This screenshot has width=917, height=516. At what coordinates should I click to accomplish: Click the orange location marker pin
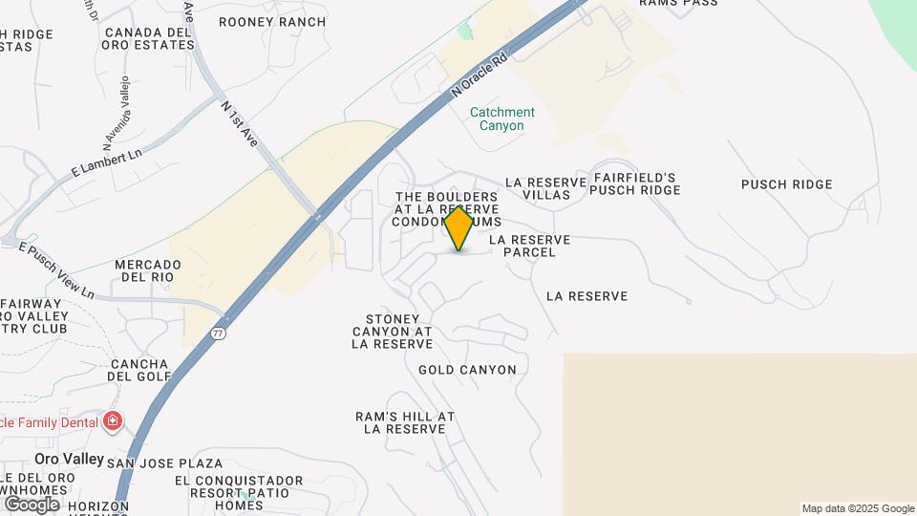[x=458, y=227]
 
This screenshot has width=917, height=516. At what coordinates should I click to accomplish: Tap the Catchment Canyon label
[x=502, y=118]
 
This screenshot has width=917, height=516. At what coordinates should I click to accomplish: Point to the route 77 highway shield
[x=219, y=333]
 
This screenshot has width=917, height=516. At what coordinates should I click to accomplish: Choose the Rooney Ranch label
[x=271, y=22]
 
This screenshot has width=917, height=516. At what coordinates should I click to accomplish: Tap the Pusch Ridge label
[x=786, y=184]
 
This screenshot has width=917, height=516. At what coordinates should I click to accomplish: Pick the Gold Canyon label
[x=467, y=370]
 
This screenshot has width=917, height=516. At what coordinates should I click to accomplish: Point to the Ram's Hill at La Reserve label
[x=405, y=422]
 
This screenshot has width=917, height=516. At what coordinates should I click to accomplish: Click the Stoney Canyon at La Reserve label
[x=392, y=331]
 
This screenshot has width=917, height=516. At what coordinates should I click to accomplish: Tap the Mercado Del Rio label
[x=148, y=270]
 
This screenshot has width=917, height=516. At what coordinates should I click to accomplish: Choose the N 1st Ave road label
[x=239, y=123]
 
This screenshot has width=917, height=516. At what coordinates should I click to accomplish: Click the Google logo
[x=32, y=504]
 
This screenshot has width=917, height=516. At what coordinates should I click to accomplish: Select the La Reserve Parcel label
[x=529, y=246]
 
